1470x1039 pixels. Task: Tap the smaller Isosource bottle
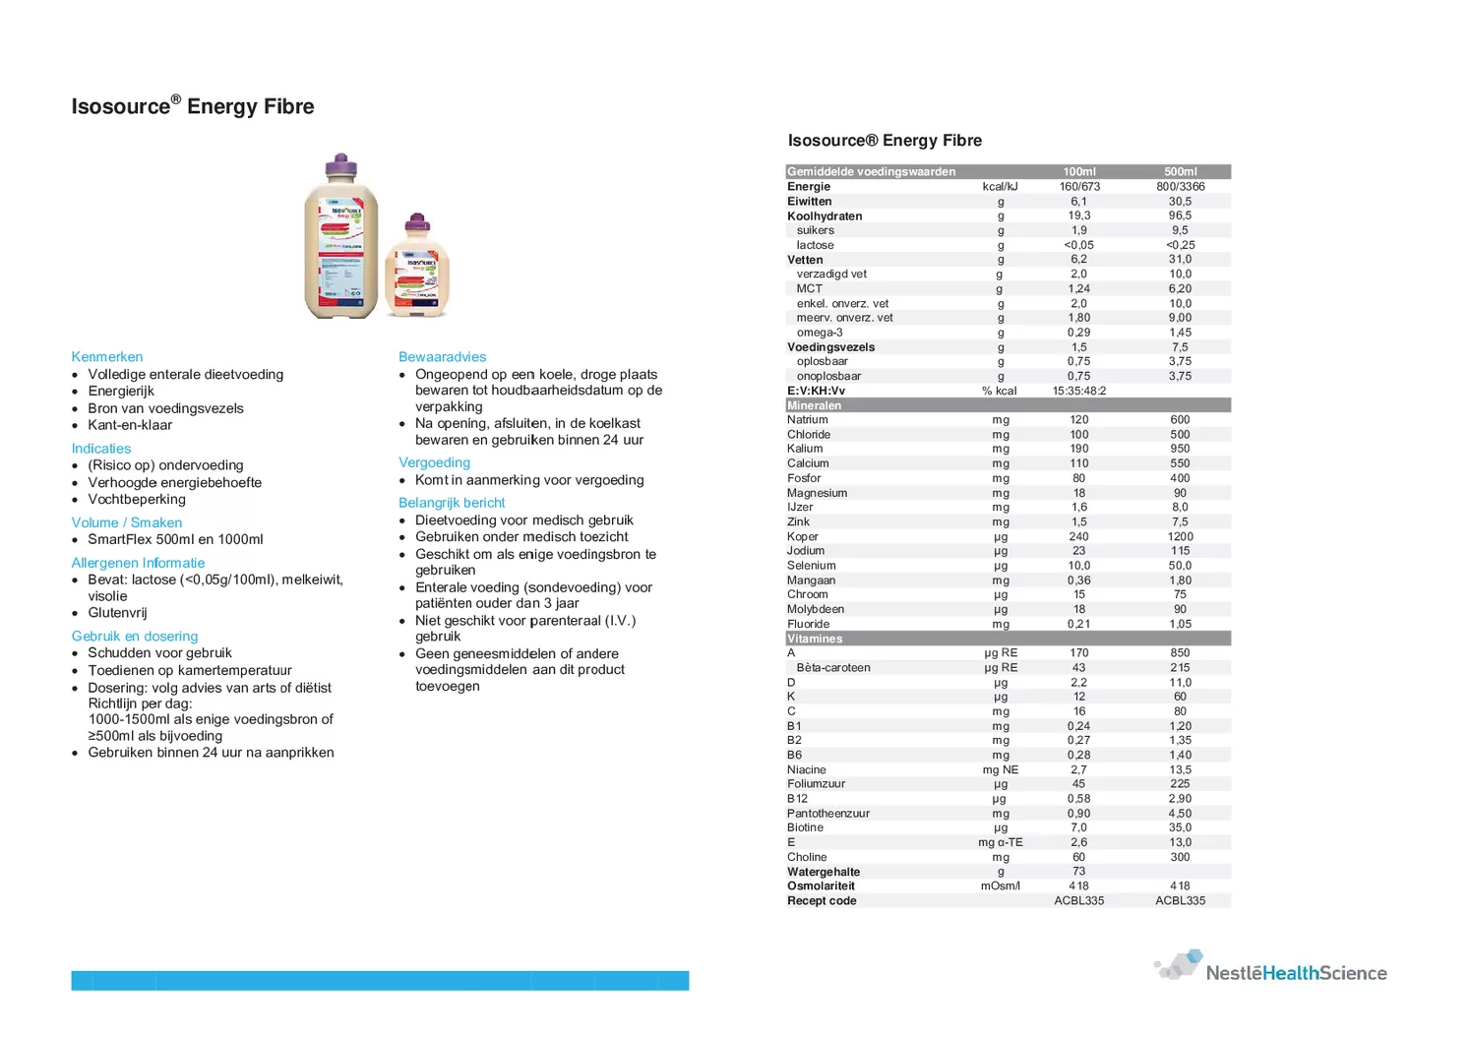416,271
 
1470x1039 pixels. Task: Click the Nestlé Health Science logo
1271,967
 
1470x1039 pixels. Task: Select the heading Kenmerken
107,357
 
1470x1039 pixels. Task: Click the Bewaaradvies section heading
442,357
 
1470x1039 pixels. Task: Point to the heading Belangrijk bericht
452,503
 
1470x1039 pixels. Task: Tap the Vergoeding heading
434,462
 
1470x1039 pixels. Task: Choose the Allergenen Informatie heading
138,563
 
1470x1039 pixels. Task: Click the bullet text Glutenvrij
117,613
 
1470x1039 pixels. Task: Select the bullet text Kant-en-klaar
130,425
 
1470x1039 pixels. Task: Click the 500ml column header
1180,172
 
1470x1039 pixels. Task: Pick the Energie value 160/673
1079,187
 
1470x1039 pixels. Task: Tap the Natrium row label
808,420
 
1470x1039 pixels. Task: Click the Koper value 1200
1180,537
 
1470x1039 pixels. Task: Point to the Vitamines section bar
1008,639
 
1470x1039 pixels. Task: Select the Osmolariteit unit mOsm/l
1000,886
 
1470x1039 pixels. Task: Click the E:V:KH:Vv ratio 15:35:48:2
1079,391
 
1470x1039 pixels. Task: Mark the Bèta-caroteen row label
833,668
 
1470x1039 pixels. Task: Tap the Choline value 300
1180,857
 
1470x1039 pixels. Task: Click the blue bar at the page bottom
380,980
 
